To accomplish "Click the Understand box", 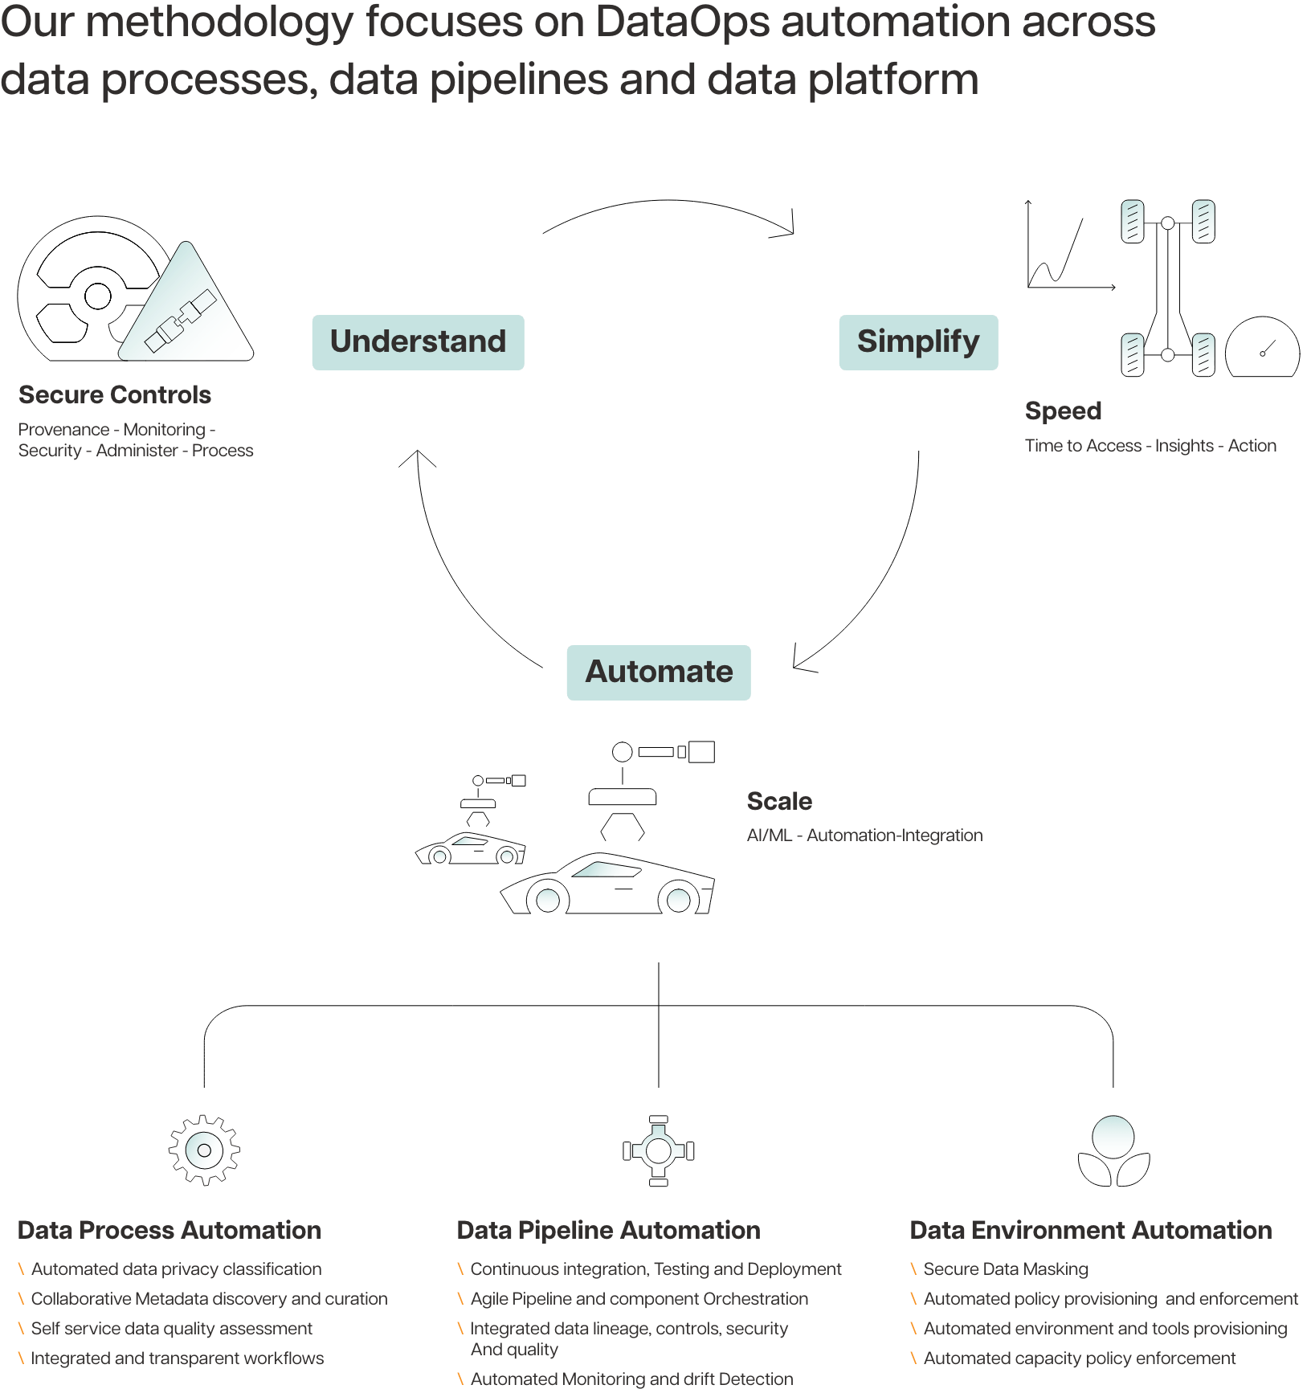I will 418,342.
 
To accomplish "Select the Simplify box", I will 918,342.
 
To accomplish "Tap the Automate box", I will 659,672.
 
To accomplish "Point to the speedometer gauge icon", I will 1262,349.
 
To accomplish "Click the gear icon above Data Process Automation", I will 204,1150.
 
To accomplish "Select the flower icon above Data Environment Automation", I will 1113,1151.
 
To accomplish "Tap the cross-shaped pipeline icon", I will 659,1150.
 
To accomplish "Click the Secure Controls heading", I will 115,395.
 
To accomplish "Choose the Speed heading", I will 1063,411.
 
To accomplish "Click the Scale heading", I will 779,801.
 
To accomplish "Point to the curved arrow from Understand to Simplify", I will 667,205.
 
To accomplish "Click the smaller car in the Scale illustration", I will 471,848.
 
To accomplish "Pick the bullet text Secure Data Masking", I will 1006,1269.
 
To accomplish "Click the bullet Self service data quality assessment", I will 171,1329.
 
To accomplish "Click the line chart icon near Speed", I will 1064,249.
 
